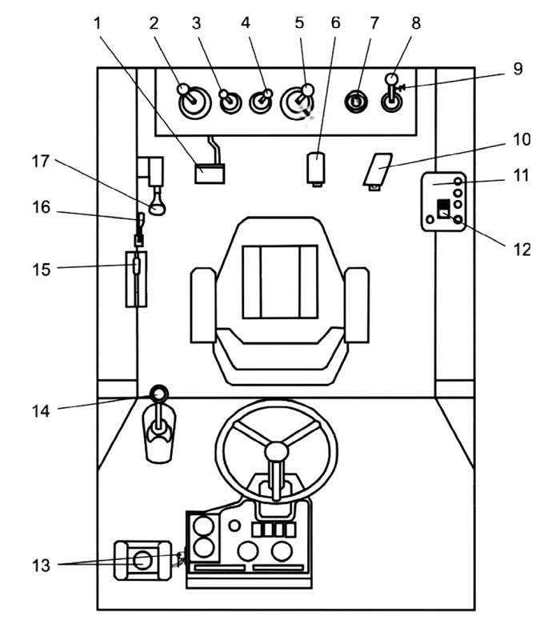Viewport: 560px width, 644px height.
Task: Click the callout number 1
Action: (97, 23)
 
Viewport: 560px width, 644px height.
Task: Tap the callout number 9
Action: (518, 69)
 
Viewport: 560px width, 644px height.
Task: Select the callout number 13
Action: (41, 565)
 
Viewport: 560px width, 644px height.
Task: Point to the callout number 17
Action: (41, 162)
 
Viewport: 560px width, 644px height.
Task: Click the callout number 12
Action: (522, 250)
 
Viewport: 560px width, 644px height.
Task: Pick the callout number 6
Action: (336, 23)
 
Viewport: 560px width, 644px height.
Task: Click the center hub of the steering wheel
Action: (277, 451)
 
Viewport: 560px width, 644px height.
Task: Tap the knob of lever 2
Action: (183, 89)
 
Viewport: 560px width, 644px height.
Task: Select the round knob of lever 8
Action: (391, 78)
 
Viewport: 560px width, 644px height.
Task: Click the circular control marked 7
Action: (356, 102)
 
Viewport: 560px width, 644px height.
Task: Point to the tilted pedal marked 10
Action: (378, 170)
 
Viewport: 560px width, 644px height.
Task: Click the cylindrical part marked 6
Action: (316, 167)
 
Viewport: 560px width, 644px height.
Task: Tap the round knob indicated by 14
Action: (158, 394)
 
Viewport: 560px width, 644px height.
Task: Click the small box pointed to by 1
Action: (210, 174)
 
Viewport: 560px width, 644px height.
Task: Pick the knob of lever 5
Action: (307, 90)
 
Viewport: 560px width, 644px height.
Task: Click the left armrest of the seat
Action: (203, 305)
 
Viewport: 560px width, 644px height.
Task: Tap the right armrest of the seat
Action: (356, 305)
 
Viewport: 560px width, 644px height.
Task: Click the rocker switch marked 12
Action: (443, 209)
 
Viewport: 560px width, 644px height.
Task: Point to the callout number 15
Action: (41, 270)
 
